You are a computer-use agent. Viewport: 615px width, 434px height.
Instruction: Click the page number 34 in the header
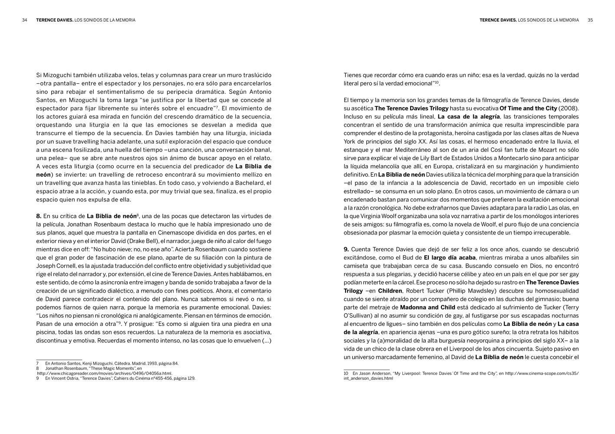[25, 20]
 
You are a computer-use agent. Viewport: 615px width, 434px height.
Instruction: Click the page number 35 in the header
[590, 20]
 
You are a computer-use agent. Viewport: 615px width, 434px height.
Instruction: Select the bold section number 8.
[39, 216]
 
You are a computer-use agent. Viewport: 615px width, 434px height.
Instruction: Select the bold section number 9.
[346, 250]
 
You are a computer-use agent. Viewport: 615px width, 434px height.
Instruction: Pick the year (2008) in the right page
[569, 108]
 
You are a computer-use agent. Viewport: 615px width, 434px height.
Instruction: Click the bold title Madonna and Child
[421, 308]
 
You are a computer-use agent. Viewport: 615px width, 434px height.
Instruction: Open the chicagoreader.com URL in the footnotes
[105, 373]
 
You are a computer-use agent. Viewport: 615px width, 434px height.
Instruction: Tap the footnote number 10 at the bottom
[346, 373]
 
